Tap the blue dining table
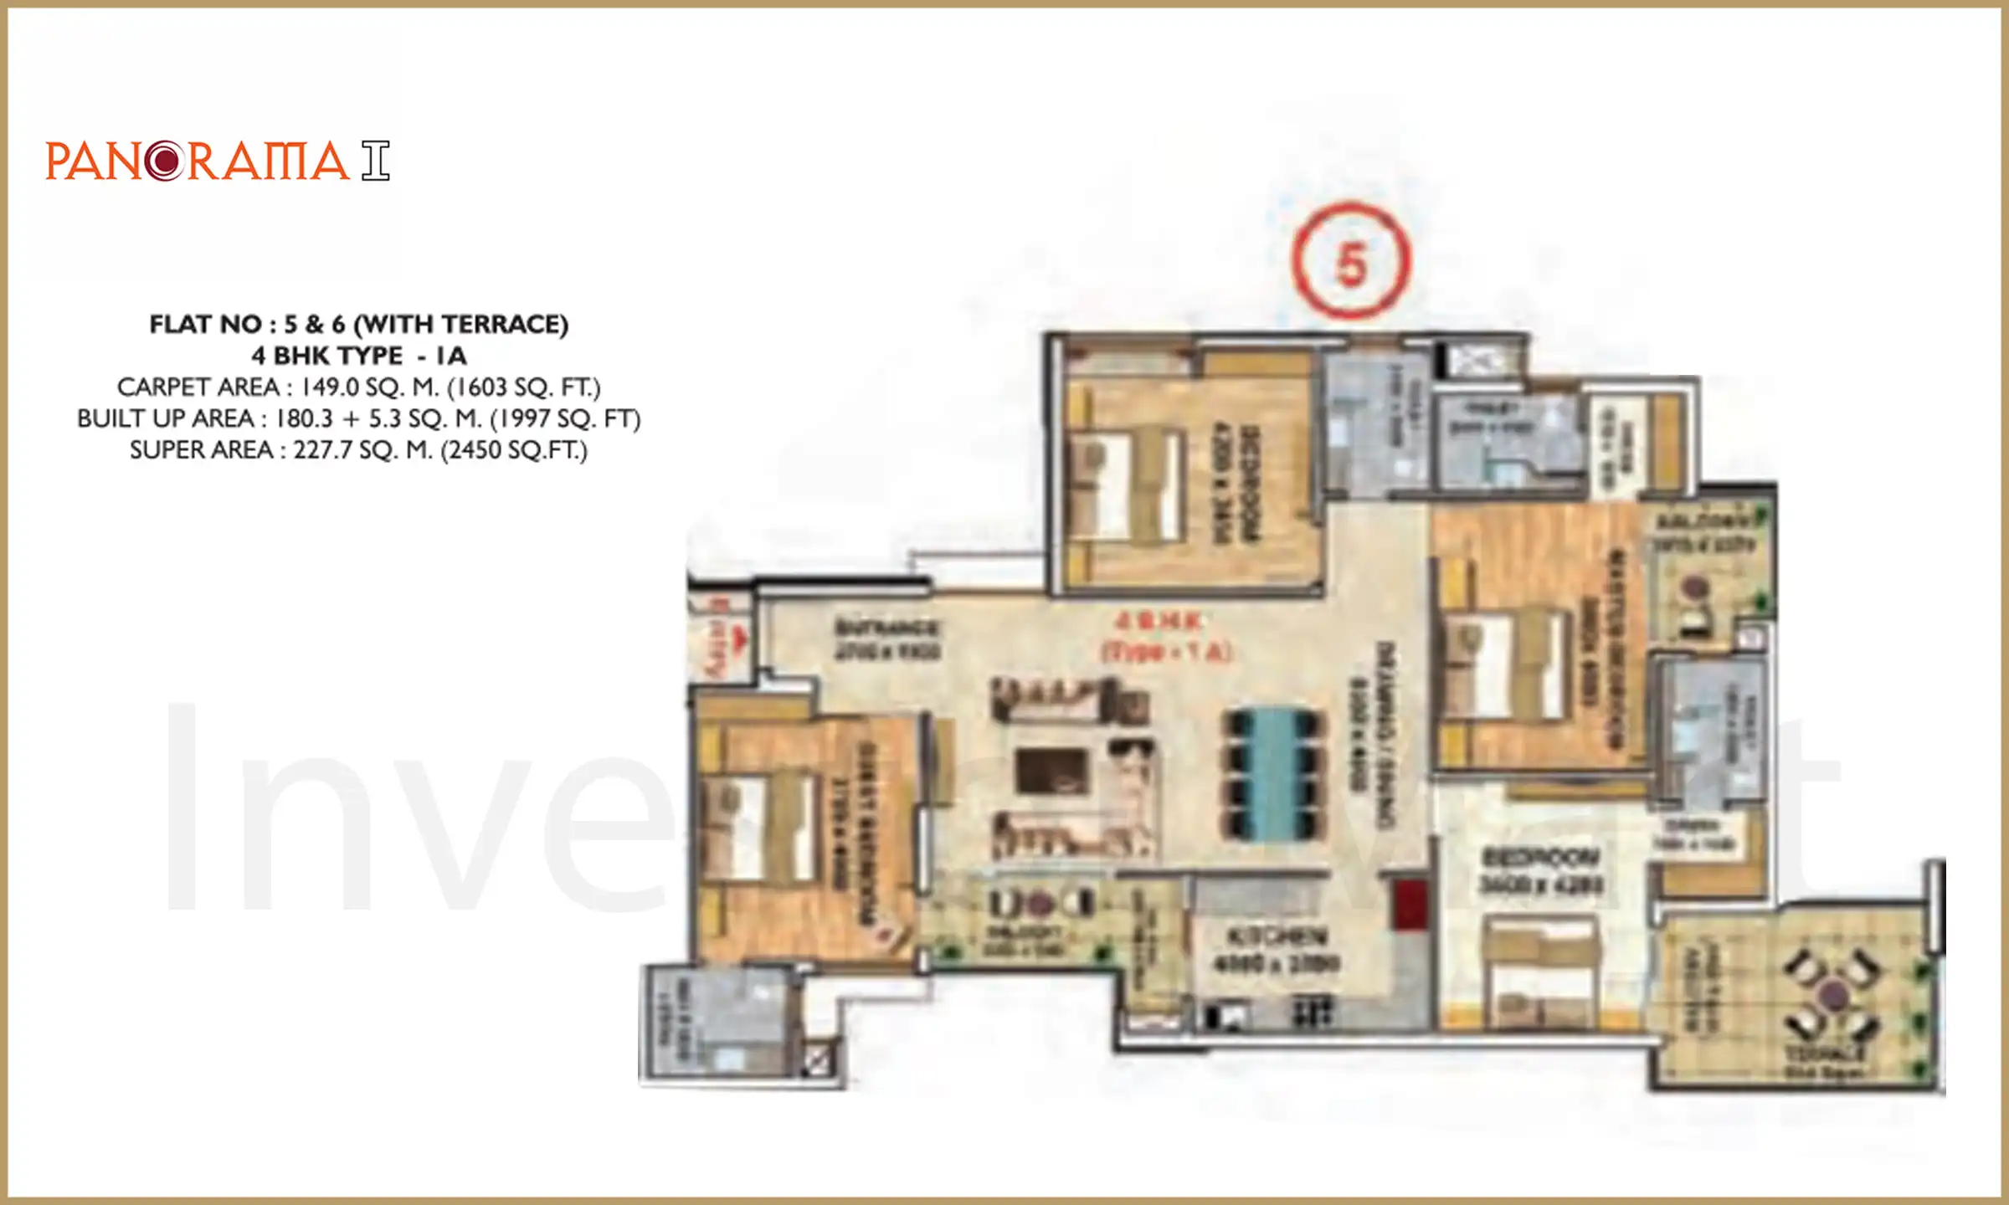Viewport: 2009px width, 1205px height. [1273, 776]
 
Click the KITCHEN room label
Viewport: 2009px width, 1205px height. [1277, 936]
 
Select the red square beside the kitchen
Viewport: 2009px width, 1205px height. [1409, 903]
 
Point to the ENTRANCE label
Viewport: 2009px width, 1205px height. [887, 628]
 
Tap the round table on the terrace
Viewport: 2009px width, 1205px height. [1834, 996]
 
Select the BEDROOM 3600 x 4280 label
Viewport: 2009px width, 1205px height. [1541, 870]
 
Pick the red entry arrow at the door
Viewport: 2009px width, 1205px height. [739, 640]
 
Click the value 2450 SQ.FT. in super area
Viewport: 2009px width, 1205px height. [514, 450]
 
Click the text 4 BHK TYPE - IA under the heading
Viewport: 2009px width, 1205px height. [359, 356]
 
